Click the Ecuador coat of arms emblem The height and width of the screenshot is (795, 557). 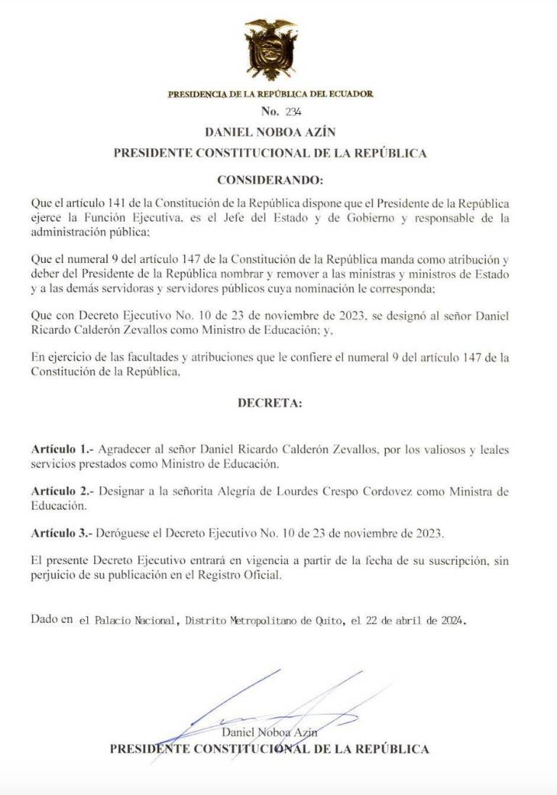click(x=271, y=49)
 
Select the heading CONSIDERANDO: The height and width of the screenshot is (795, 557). click(x=270, y=179)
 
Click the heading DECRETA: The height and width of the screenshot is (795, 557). click(x=270, y=403)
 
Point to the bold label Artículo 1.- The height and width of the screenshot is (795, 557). click(x=62, y=450)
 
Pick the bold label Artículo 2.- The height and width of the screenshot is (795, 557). click(x=62, y=492)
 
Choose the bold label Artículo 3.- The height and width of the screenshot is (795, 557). click(x=62, y=533)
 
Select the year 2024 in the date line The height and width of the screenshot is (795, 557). click(x=451, y=621)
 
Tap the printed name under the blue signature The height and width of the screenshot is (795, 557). click(x=269, y=733)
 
